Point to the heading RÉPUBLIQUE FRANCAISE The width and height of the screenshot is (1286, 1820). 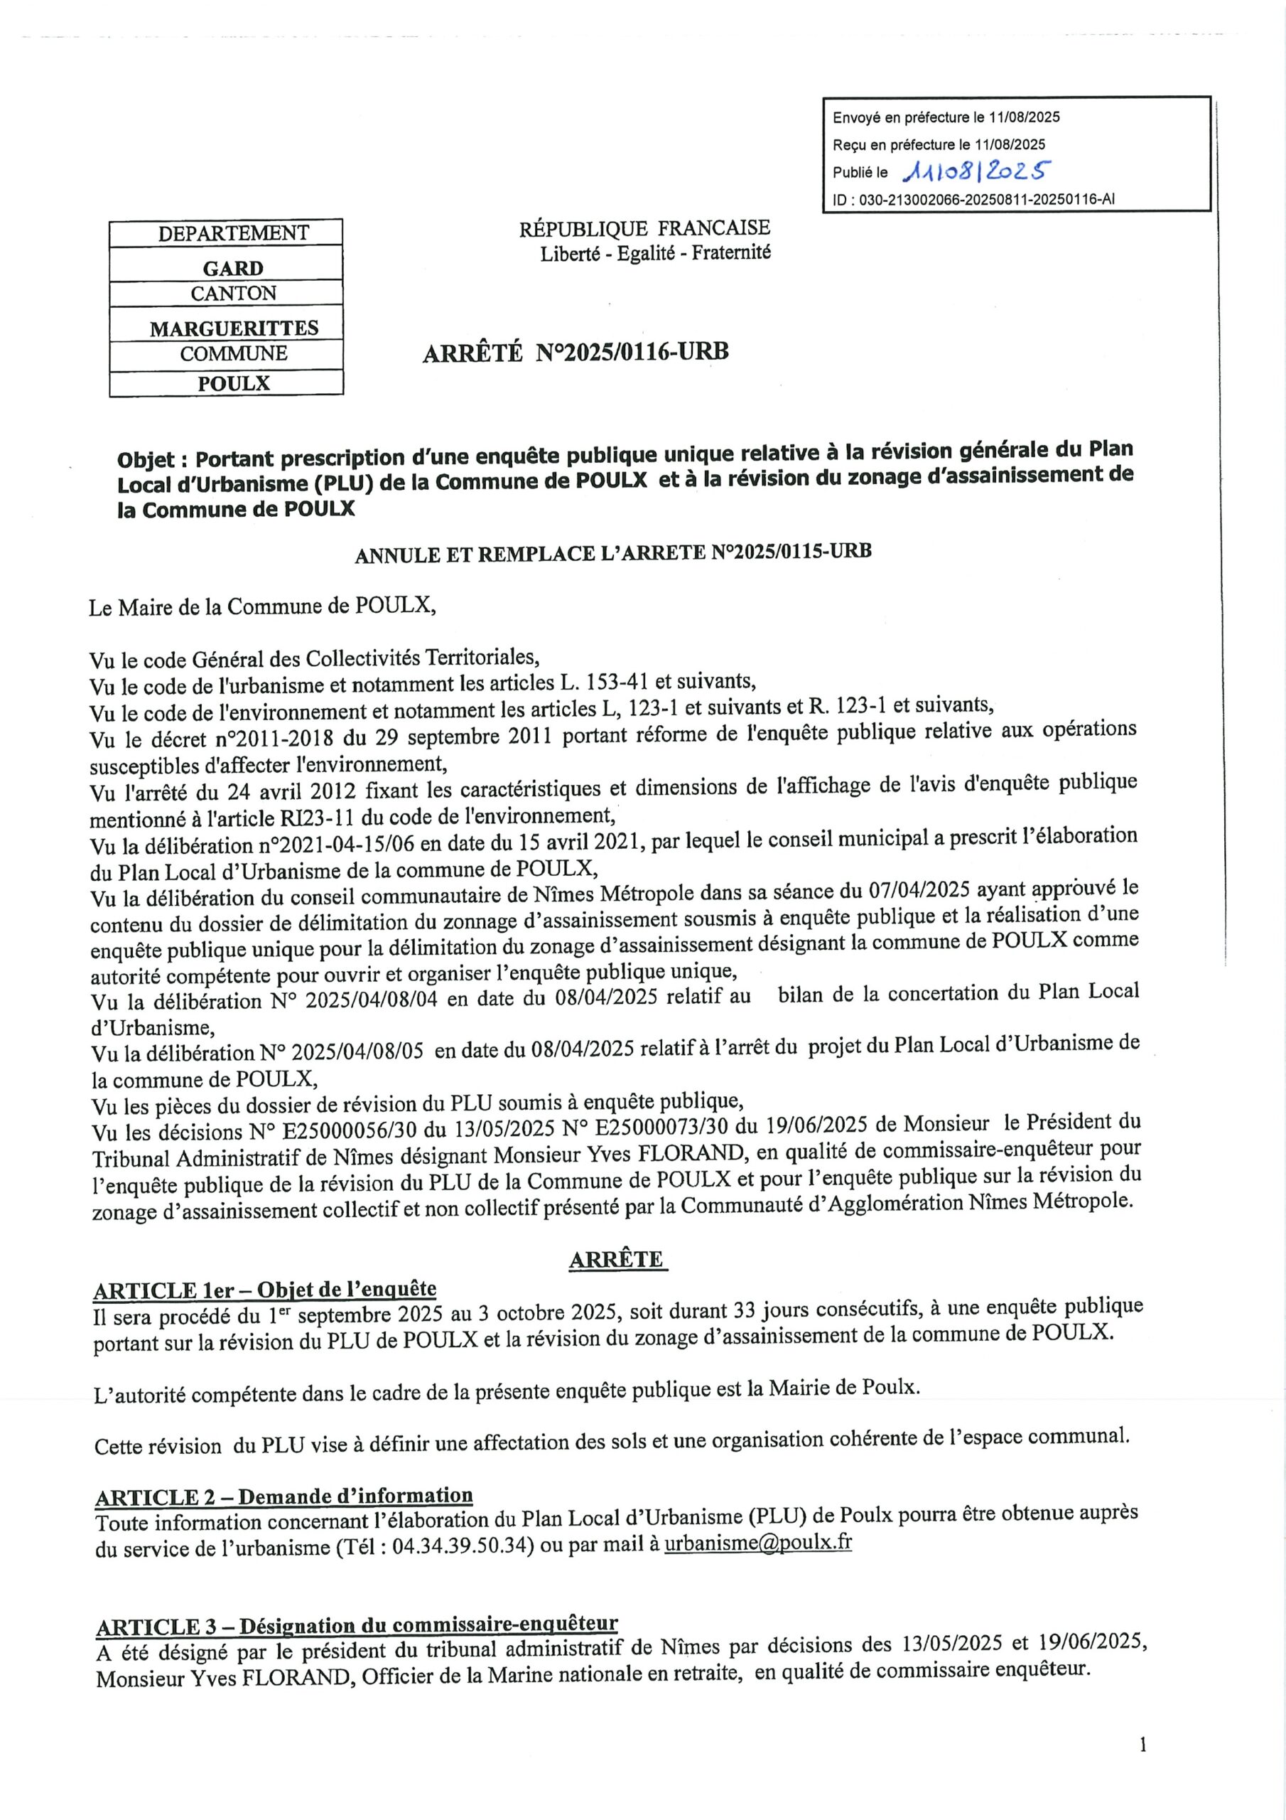coord(644,229)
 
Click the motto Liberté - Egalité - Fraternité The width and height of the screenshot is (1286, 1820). coord(654,254)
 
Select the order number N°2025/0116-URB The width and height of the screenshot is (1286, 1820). coord(632,351)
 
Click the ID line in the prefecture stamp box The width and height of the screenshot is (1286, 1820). coord(973,200)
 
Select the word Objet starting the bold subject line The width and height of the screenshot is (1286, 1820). coord(146,460)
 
